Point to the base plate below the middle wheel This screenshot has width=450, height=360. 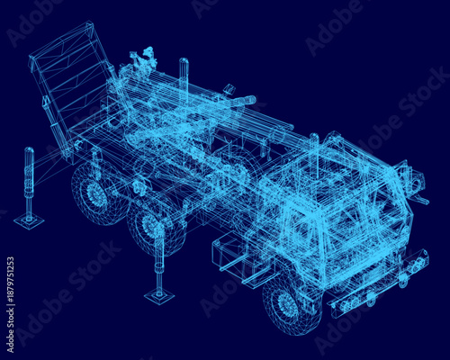click(x=159, y=294)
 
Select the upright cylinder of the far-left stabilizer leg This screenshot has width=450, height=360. click(x=29, y=180)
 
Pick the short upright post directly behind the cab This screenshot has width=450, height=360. click(x=314, y=143)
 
